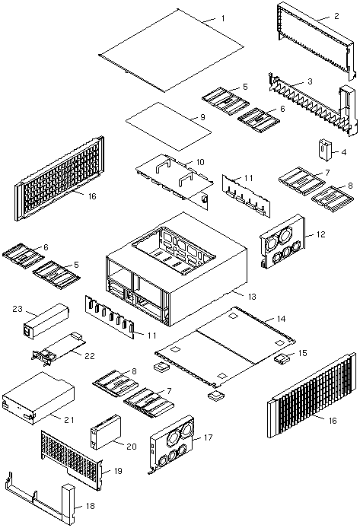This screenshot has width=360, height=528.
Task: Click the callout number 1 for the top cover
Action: tap(222, 18)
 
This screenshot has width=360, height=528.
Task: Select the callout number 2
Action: tap(336, 16)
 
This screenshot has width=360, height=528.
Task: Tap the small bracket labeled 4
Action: tap(325, 150)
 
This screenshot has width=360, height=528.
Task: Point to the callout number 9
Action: tap(202, 117)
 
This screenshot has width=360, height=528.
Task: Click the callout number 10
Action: tap(200, 162)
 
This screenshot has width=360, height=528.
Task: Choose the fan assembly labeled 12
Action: tap(282, 240)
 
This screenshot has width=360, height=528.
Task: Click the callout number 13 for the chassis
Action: tap(252, 297)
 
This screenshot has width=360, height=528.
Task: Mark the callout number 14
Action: tap(281, 319)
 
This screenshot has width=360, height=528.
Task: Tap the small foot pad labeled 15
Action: tap(282, 358)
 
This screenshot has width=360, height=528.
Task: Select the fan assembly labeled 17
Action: tap(172, 444)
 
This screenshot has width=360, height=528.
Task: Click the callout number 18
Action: tap(91, 506)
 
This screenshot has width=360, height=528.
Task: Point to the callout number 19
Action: tap(118, 471)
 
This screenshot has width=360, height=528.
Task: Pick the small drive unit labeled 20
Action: tap(105, 432)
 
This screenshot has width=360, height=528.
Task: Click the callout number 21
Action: tap(69, 420)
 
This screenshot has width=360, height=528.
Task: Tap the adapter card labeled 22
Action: tap(59, 349)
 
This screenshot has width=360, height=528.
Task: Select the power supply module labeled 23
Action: tap(46, 321)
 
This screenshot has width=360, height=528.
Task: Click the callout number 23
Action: tap(18, 308)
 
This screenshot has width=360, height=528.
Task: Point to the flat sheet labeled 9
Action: tap(168, 126)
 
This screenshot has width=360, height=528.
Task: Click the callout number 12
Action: tap(321, 234)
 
